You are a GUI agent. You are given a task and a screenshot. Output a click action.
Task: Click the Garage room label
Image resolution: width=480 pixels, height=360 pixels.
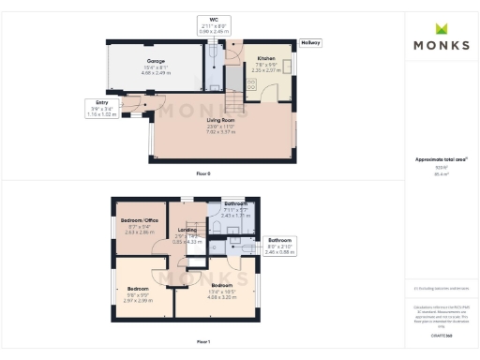point(156,61)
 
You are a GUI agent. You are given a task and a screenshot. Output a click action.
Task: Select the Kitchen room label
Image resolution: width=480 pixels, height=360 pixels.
point(267,58)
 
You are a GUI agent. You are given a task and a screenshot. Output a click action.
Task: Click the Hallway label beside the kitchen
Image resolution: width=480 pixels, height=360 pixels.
point(310,43)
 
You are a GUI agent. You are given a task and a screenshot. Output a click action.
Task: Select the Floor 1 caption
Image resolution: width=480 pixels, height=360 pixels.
point(203,342)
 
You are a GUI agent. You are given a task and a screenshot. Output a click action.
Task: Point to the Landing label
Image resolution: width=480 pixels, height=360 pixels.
point(187,230)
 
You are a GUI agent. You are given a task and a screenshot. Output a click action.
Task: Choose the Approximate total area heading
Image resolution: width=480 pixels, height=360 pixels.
point(441,159)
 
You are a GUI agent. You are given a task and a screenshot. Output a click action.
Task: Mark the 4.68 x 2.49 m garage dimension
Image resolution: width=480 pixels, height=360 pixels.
point(156,72)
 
